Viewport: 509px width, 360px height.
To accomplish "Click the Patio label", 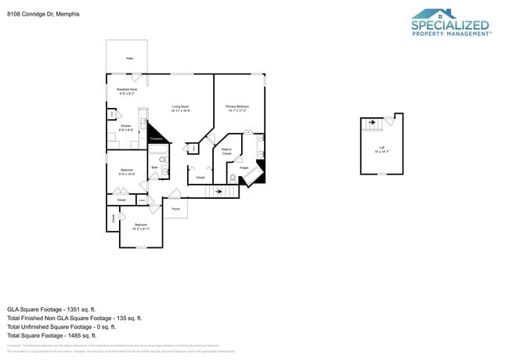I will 129,59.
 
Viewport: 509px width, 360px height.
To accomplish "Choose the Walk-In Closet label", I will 226,152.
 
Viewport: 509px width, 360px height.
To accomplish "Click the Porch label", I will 175,209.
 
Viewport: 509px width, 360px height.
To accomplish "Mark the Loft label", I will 381,148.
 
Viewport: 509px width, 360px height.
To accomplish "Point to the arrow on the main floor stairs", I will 220,191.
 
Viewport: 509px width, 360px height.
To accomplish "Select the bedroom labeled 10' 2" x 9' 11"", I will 139,227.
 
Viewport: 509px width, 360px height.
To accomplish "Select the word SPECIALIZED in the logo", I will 450,25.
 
